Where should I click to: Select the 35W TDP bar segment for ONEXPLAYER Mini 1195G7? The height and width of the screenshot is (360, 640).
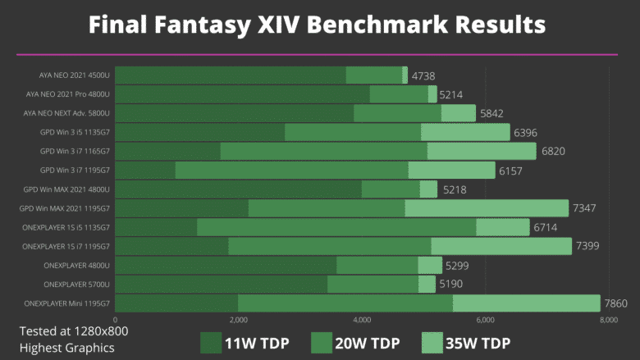click(x=526, y=303)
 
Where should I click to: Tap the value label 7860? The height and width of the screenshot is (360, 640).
click(x=615, y=303)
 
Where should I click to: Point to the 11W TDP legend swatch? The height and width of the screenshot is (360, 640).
click(x=211, y=344)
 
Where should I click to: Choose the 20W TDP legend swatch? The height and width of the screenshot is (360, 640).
click(x=321, y=344)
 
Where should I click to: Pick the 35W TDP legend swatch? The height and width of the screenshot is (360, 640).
click(x=432, y=344)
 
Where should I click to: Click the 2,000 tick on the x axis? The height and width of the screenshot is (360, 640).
click(x=238, y=321)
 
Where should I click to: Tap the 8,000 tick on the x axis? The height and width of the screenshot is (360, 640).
click(x=608, y=321)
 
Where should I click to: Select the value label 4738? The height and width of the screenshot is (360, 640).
click(x=423, y=75)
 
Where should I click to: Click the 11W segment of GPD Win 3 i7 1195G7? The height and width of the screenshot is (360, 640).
click(x=145, y=170)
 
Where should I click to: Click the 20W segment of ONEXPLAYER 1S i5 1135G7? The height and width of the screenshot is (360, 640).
click(x=336, y=227)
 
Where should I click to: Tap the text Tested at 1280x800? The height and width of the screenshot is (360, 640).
click(x=74, y=331)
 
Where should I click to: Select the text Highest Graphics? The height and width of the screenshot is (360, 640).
click(x=66, y=347)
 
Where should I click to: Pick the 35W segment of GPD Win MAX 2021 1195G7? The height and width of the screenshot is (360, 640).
click(x=487, y=208)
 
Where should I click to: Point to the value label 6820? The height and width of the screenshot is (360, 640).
click(x=552, y=152)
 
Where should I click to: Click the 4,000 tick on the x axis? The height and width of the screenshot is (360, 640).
click(x=361, y=321)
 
